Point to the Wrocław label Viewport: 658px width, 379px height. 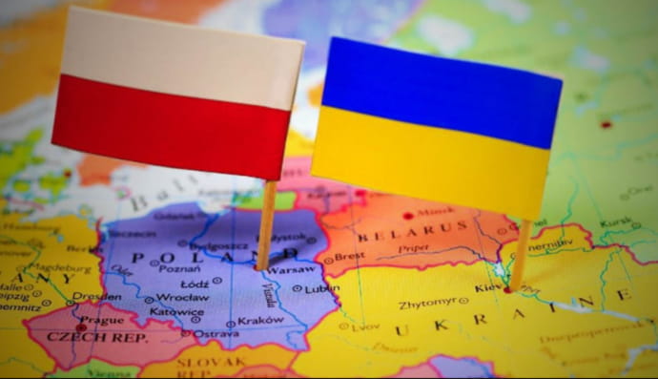click(183, 297)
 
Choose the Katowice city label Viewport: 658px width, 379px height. click(176, 311)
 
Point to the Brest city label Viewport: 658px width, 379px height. click(350, 257)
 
